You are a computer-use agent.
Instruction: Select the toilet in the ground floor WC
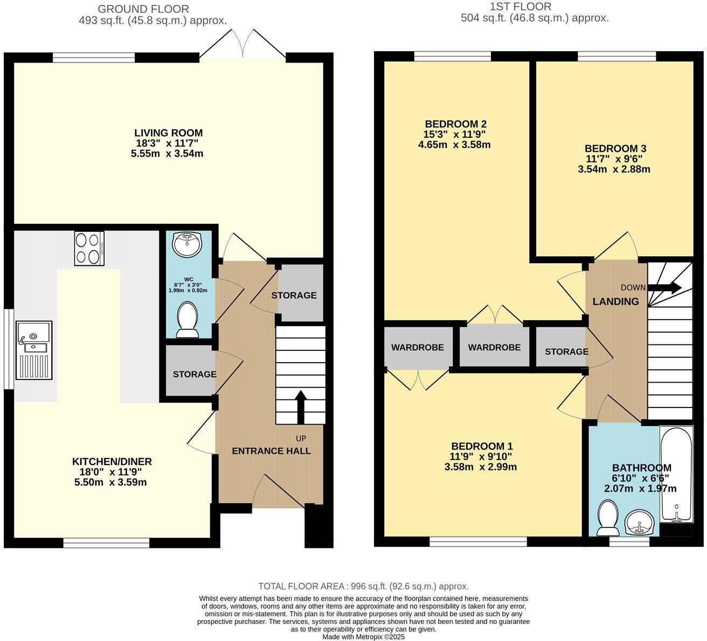tap(188, 319)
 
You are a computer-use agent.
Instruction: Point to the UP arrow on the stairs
tap(300, 407)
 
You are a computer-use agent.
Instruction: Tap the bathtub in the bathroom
tap(676, 474)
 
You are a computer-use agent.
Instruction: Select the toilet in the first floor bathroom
tap(608, 518)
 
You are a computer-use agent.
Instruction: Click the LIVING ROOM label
tap(168, 133)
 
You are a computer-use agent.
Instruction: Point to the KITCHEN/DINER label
tap(112, 461)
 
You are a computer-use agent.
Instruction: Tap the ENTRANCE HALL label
tap(271, 451)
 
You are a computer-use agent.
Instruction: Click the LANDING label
tap(615, 302)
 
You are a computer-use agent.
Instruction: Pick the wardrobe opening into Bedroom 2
tap(494, 347)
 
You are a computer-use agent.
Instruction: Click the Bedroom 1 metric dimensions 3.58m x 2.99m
tap(480, 467)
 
